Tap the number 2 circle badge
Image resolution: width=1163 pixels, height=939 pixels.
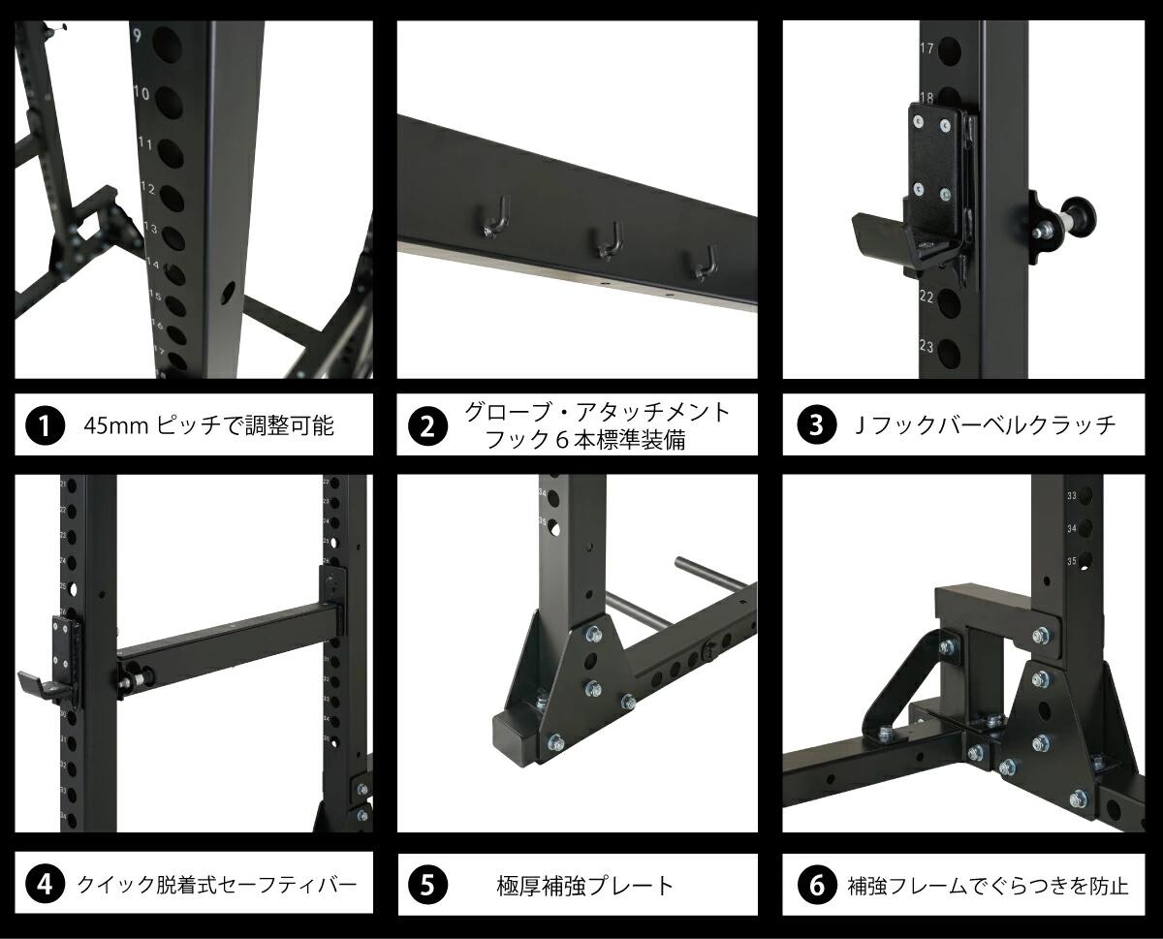[427, 424]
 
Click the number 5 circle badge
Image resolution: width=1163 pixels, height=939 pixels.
[427, 884]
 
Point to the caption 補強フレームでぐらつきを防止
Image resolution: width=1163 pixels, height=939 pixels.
[988, 885]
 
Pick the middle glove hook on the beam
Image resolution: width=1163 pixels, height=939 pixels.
[609, 242]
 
